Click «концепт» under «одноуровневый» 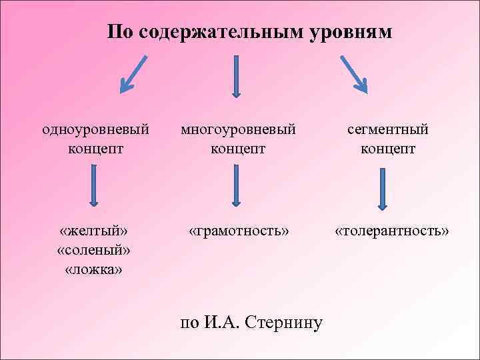click(x=95, y=147)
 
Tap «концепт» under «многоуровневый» click(x=238, y=147)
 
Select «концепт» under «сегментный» click(x=387, y=147)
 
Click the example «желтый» click(x=94, y=231)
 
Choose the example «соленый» click(x=94, y=250)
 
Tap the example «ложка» click(x=94, y=269)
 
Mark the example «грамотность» click(x=239, y=231)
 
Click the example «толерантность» click(x=391, y=231)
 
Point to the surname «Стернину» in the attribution click(x=283, y=323)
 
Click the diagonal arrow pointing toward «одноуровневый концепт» click(x=133, y=73)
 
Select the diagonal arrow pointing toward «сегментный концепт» click(x=353, y=73)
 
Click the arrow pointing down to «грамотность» click(x=235, y=185)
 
